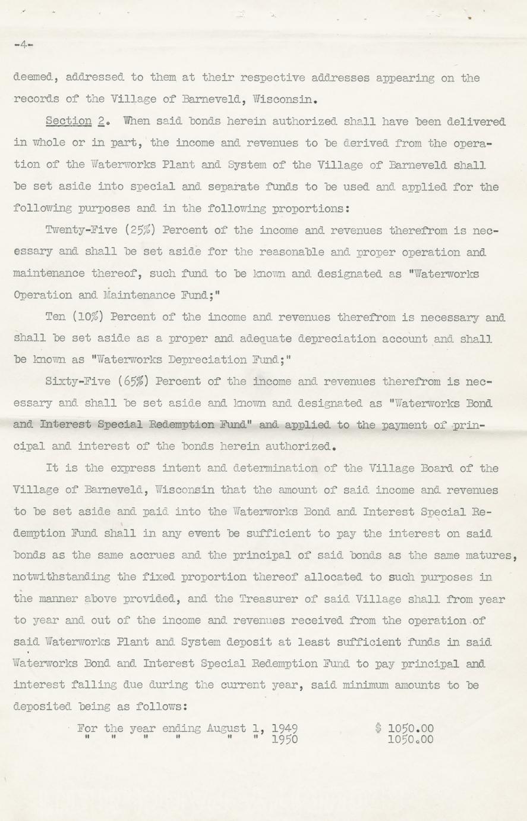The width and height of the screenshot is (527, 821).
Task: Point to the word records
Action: pos(36,99)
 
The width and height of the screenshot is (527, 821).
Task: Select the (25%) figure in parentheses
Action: pos(140,230)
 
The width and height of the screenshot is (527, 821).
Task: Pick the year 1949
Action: pos(285,728)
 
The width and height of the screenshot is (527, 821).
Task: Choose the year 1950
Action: pos(285,740)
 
